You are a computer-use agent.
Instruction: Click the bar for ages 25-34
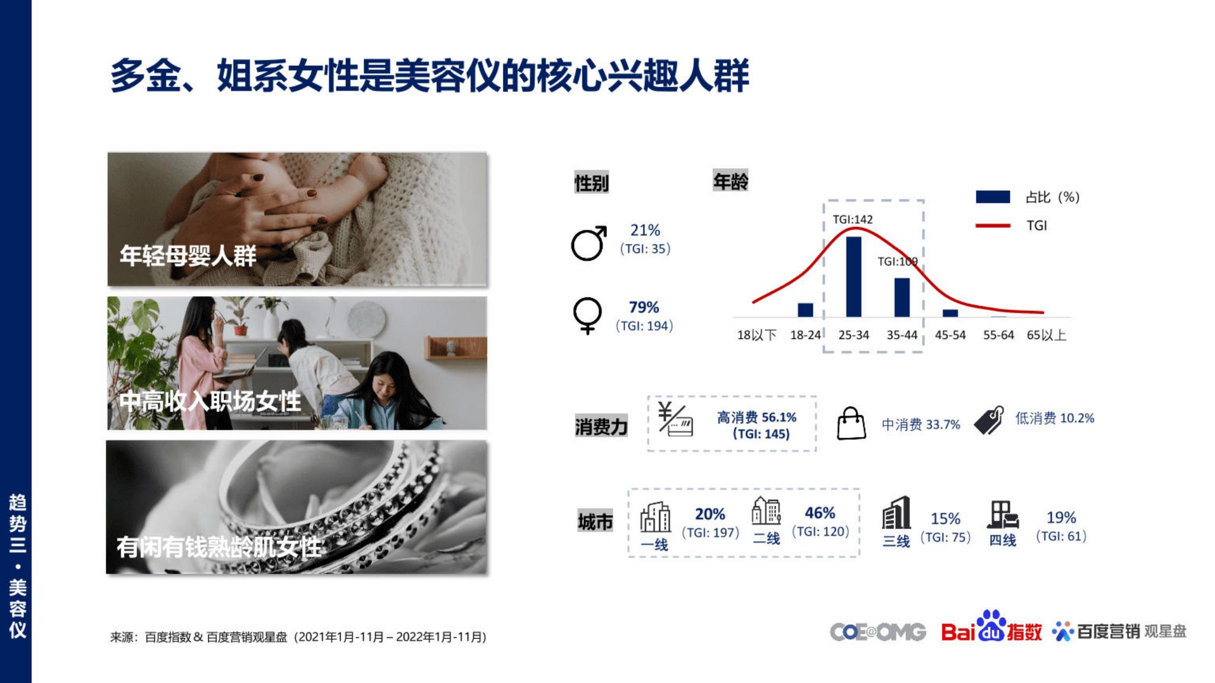[x=854, y=277]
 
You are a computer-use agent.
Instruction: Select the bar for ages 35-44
[x=902, y=298]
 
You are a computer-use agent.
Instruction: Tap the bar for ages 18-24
[x=806, y=310]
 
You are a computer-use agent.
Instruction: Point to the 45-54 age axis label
[x=950, y=335]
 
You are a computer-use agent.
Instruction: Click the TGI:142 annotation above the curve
[x=853, y=219]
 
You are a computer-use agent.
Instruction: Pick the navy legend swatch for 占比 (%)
[x=993, y=197]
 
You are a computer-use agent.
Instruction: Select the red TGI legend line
[x=993, y=225]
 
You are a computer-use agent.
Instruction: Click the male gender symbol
[x=589, y=243]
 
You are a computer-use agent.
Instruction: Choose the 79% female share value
[x=644, y=307]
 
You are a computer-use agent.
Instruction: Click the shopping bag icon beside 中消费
[x=851, y=423]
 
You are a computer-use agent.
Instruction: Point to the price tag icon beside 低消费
[x=989, y=420]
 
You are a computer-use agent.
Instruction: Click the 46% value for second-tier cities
[x=820, y=513]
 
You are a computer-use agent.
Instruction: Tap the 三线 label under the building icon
[x=896, y=541]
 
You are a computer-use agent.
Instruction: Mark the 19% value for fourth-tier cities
[x=1061, y=518]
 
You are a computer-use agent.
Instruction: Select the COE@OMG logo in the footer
[x=878, y=632]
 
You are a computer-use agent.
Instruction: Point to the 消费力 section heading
[x=601, y=427]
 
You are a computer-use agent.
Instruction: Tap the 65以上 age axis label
[x=1047, y=335]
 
